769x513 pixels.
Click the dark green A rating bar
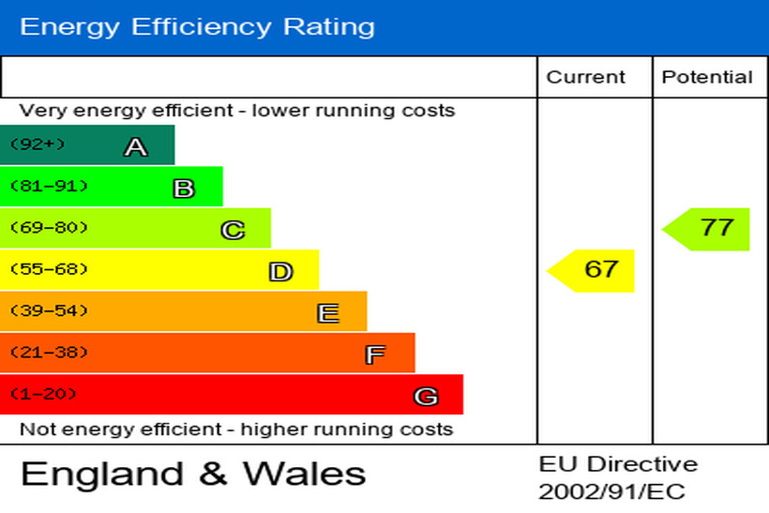pyautogui.click(x=87, y=145)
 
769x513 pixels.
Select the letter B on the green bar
pyautogui.click(x=184, y=189)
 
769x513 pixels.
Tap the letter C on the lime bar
pyautogui.click(x=233, y=230)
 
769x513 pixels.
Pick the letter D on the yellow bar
pyautogui.click(x=280, y=272)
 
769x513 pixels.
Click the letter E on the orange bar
pyautogui.click(x=327, y=313)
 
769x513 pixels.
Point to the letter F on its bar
pyautogui.click(x=375, y=355)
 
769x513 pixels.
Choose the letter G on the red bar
pyautogui.click(x=426, y=397)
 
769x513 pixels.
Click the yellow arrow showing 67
pyautogui.click(x=592, y=270)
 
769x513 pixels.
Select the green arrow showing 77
pyautogui.click(x=707, y=229)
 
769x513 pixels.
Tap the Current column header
pyautogui.click(x=585, y=77)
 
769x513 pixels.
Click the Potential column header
pyautogui.click(x=707, y=77)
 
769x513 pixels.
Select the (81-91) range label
pyautogui.click(x=49, y=187)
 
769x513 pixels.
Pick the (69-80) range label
pyautogui.click(x=49, y=228)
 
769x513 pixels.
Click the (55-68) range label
pyautogui.click(x=49, y=270)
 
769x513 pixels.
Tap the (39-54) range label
pyautogui.click(x=49, y=311)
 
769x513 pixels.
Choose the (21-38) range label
pyautogui.click(x=49, y=353)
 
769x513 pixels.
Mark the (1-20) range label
pyautogui.click(x=43, y=394)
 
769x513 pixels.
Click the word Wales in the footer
pyautogui.click(x=305, y=474)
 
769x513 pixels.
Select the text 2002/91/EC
pyautogui.click(x=611, y=491)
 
